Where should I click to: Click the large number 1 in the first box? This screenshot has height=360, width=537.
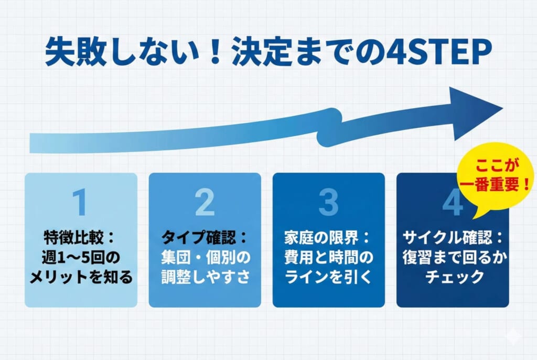[x=80, y=202]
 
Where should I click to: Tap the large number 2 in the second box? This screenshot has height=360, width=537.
[x=205, y=202]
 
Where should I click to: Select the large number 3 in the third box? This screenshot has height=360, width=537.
[x=328, y=202]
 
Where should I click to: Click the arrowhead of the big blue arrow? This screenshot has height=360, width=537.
[x=476, y=113]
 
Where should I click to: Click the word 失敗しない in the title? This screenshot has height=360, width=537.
[x=122, y=52]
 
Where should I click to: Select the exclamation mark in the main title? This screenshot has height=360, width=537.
[x=216, y=52]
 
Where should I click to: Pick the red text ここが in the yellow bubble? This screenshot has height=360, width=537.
[x=497, y=166]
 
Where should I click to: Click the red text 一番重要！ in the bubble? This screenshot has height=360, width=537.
[x=495, y=185]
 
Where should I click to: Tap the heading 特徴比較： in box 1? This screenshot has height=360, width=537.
[x=80, y=237]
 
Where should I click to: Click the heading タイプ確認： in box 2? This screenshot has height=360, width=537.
[x=205, y=237]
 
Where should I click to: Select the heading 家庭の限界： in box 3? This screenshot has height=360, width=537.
[x=328, y=237]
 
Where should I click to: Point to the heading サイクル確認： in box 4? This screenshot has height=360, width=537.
[x=453, y=237]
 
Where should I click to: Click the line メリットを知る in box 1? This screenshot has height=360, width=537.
[x=81, y=277]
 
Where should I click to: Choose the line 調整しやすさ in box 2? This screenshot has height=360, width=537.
[x=206, y=277]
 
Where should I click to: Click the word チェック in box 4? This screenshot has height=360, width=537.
[x=454, y=277]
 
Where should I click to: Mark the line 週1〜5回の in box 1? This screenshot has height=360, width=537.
[x=81, y=257]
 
